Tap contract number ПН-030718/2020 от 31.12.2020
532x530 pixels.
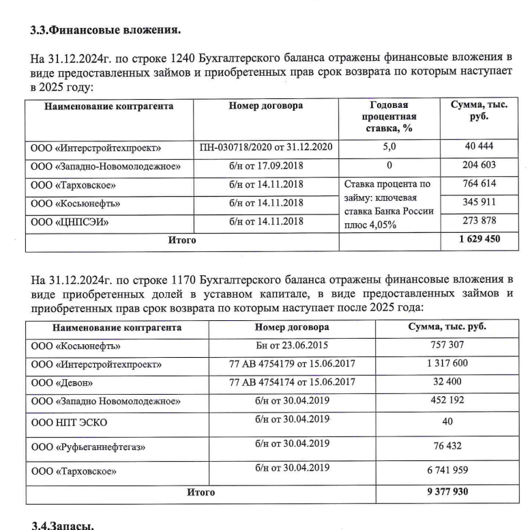click(x=266, y=147)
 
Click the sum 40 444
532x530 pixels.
click(x=479, y=146)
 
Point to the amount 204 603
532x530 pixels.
click(x=479, y=165)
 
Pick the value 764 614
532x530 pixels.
click(x=479, y=184)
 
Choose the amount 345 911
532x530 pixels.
click(x=479, y=203)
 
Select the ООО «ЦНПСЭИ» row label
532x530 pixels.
click(x=70, y=222)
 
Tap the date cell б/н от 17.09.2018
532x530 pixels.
click(x=266, y=165)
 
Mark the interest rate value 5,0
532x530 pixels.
click(x=389, y=146)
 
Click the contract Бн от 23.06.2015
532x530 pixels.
click(x=292, y=345)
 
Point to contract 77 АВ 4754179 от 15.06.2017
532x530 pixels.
click(x=292, y=363)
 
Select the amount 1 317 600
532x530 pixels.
click(x=447, y=363)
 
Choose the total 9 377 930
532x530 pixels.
click(x=447, y=492)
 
